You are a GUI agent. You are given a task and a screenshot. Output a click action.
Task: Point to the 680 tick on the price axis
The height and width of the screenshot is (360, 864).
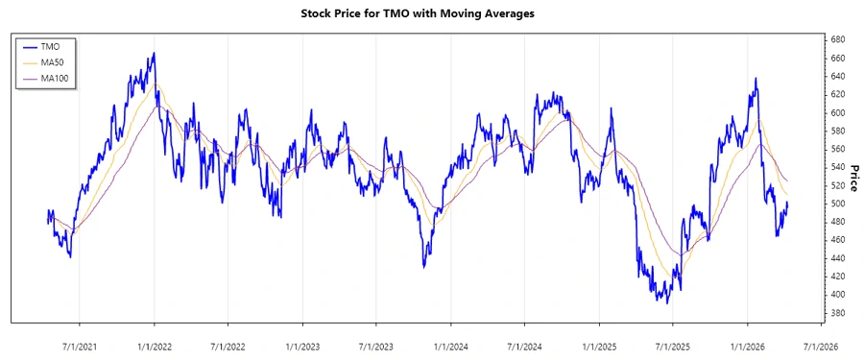click(x=836, y=39)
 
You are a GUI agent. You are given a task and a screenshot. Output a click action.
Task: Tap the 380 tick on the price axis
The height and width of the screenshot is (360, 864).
click(x=836, y=313)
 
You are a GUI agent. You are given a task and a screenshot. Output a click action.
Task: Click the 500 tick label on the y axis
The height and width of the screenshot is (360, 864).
click(x=836, y=204)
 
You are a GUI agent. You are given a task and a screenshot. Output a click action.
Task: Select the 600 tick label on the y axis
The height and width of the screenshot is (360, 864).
click(x=836, y=112)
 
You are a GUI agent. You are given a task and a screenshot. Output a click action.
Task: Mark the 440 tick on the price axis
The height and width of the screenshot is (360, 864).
click(x=836, y=258)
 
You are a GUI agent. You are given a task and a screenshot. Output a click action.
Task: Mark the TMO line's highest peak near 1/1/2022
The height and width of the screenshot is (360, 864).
click(x=154, y=54)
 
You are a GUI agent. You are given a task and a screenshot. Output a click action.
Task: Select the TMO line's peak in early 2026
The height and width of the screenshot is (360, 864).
click(x=756, y=79)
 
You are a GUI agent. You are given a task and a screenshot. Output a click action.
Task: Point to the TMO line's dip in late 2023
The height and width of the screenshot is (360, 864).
click(x=424, y=267)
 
